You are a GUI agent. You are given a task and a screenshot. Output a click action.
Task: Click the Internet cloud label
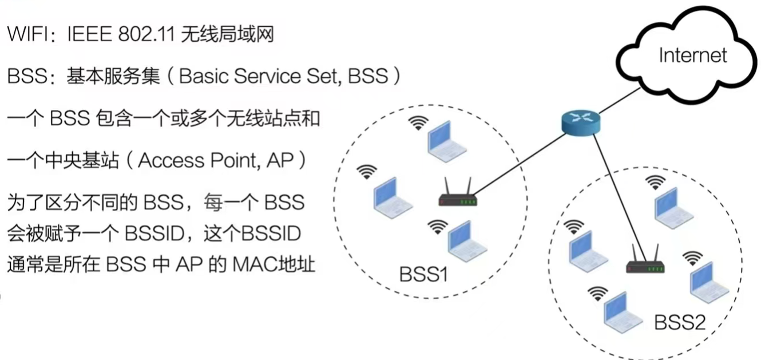pyautogui.click(x=693, y=56)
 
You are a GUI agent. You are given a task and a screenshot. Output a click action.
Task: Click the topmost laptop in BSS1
pyautogui.click(x=448, y=141)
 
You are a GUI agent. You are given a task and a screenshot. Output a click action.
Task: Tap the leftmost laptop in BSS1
pyautogui.click(x=393, y=197)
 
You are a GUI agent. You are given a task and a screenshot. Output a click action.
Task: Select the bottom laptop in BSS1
pyautogui.click(x=467, y=243)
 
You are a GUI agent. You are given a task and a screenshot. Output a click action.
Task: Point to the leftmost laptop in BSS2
pyautogui.click(x=588, y=252)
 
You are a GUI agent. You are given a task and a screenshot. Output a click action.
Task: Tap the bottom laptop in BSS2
pyautogui.click(x=623, y=311)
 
